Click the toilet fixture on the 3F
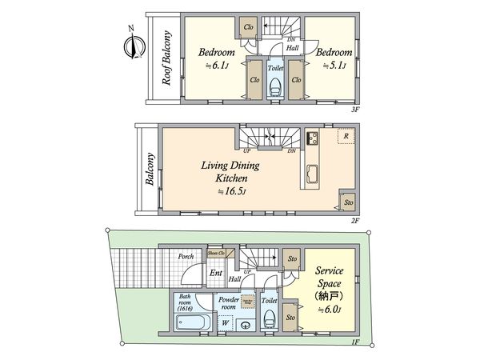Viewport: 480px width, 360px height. pyautogui.click(x=274, y=85)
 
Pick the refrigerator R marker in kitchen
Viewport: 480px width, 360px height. pyautogui.click(x=346, y=137)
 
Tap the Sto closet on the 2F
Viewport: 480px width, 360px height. pyautogui.click(x=348, y=202)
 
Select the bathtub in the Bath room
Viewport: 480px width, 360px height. pyautogui.click(x=192, y=324)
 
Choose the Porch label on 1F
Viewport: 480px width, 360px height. pyautogui.click(x=186, y=256)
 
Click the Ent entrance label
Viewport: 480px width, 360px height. pyautogui.click(x=216, y=273)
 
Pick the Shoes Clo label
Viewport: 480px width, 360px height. pyautogui.click(x=217, y=253)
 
